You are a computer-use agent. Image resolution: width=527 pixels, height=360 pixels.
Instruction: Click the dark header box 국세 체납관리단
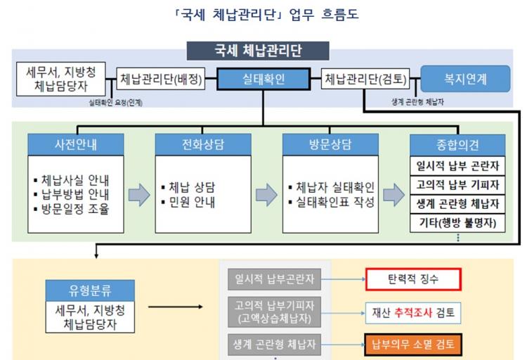(x=258, y=51)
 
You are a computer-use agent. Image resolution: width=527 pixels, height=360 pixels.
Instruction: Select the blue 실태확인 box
(x=263, y=79)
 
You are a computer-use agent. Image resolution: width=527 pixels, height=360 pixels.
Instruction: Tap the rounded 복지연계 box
(x=465, y=79)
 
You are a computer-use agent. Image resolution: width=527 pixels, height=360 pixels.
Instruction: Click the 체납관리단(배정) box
(x=161, y=79)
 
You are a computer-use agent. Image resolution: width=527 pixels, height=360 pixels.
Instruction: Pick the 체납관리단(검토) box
(x=365, y=79)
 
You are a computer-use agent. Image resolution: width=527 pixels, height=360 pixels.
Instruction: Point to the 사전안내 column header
(x=76, y=144)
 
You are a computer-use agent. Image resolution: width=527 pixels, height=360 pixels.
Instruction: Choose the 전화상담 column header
(x=203, y=144)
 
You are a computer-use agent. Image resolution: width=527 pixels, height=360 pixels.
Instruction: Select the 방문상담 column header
(x=330, y=144)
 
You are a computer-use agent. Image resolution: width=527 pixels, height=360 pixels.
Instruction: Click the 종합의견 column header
(x=457, y=145)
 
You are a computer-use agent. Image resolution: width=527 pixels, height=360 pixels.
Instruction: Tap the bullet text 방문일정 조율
(x=75, y=209)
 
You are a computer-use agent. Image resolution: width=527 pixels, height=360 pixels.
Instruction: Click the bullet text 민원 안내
(x=192, y=202)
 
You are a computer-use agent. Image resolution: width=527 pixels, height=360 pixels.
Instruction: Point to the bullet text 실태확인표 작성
(x=335, y=202)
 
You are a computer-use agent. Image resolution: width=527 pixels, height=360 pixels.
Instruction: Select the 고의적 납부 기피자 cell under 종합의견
(x=457, y=185)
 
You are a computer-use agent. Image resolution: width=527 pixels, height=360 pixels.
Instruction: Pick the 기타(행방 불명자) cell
(x=457, y=223)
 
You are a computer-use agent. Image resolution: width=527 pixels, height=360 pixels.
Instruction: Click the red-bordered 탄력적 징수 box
(x=413, y=279)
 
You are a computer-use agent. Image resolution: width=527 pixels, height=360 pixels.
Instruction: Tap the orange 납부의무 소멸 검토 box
(x=413, y=345)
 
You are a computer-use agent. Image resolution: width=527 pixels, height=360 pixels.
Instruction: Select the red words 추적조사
(x=413, y=313)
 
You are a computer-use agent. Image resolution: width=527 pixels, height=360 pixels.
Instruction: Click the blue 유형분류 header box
(x=90, y=290)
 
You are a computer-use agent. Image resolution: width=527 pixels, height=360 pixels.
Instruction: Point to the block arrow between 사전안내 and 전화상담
(x=139, y=195)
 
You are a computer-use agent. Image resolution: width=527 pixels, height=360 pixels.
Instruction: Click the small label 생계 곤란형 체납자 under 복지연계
(x=417, y=102)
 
